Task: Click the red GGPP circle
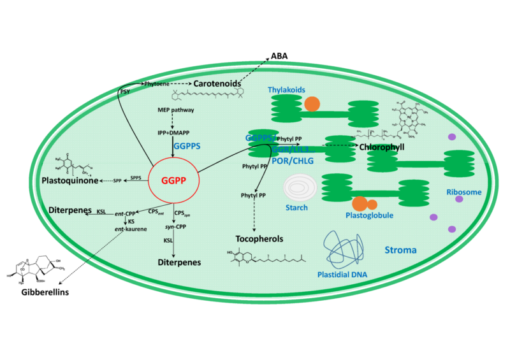click(x=173, y=180)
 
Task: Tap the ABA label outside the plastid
click(x=279, y=56)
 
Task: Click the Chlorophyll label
click(x=381, y=147)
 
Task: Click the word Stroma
click(x=400, y=250)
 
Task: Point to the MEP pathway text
click(x=176, y=110)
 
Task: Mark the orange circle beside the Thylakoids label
click(x=312, y=103)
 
